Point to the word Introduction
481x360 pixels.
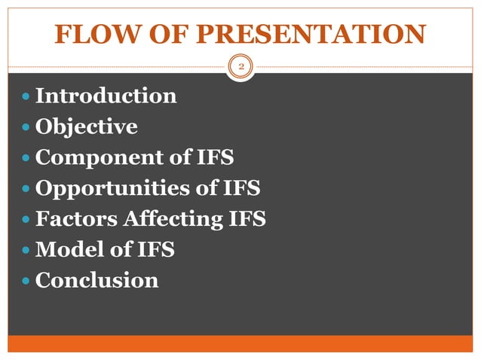[106, 96]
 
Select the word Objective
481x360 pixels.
[87, 127]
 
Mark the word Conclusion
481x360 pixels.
[97, 281]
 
